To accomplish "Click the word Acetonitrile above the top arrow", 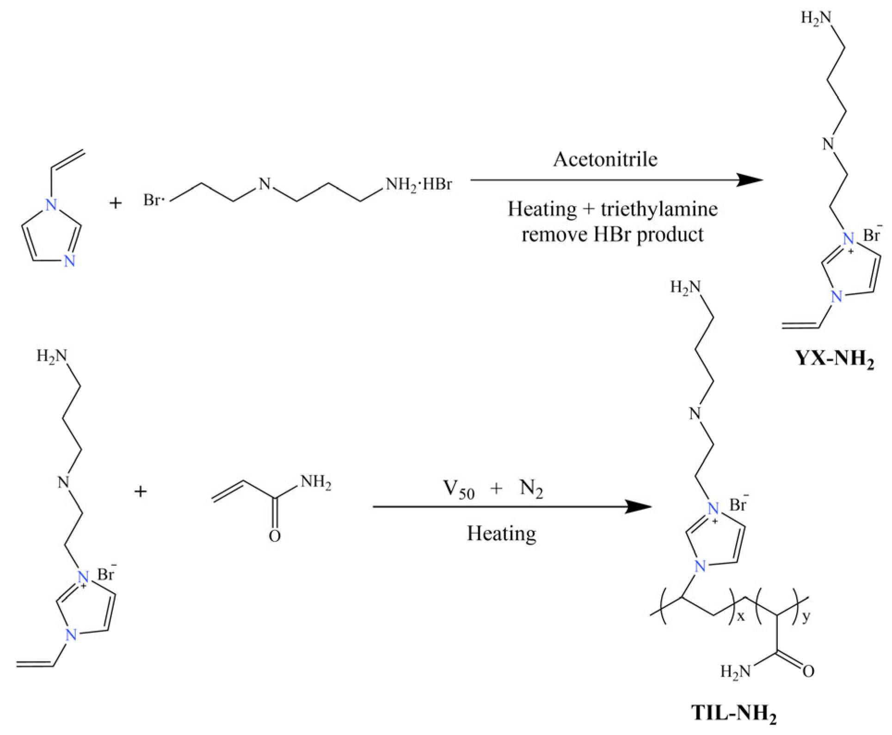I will (605, 160).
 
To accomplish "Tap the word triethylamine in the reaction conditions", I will (659, 209).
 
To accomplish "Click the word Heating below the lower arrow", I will (501, 534).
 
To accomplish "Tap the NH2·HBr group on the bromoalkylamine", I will (418, 185).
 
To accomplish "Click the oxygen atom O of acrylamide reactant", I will (275, 537).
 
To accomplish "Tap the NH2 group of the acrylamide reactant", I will (315, 483).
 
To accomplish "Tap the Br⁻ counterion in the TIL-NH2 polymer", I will (738, 505).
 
